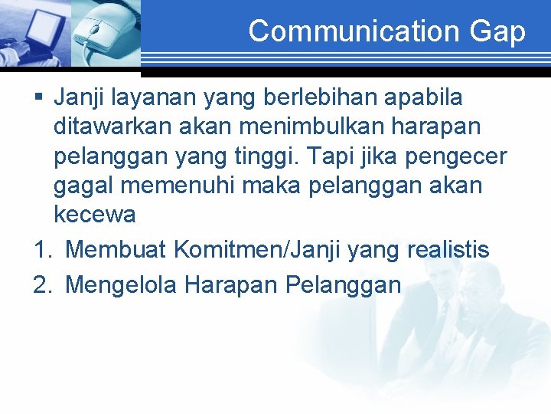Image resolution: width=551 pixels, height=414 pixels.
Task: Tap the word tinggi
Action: coord(264,156)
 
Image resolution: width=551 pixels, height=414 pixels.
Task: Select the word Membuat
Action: coord(116,249)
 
